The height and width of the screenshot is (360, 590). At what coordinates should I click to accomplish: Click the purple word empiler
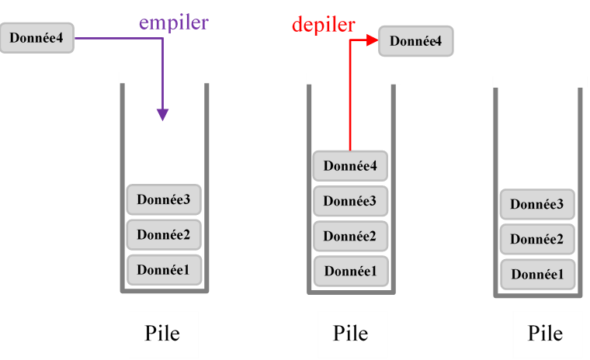[x=174, y=23]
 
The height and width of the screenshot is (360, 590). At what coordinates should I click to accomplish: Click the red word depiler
[x=324, y=25]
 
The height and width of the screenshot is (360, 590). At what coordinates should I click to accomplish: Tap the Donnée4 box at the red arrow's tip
[x=416, y=41]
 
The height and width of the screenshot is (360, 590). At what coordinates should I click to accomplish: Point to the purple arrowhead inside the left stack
[x=162, y=114]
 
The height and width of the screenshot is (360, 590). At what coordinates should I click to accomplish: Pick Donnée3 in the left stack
[x=164, y=200]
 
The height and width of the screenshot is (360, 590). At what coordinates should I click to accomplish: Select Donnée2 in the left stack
[x=164, y=235]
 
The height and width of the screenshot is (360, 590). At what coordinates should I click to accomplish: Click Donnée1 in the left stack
[x=164, y=270]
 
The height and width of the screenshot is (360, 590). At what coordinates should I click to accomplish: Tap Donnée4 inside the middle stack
[x=350, y=166]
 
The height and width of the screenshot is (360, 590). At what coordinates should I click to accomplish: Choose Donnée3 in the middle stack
[x=350, y=201]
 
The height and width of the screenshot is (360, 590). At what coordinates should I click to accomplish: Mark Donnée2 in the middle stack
[x=350, y=236]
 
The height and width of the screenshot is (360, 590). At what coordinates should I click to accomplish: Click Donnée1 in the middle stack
[x=350, y=271]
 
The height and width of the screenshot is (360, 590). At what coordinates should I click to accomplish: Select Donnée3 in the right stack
[x=537, y=205]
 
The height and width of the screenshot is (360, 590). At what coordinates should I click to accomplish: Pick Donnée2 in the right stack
[x=537, y=240]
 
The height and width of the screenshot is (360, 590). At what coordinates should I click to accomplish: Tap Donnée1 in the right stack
[x=537, y=275]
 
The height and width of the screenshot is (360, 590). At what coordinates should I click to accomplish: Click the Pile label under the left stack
[x=163, y=334]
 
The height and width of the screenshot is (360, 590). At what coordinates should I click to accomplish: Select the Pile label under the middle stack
[x=350, y=334]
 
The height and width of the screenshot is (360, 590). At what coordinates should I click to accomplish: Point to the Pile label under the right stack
[x=545, y=334]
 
